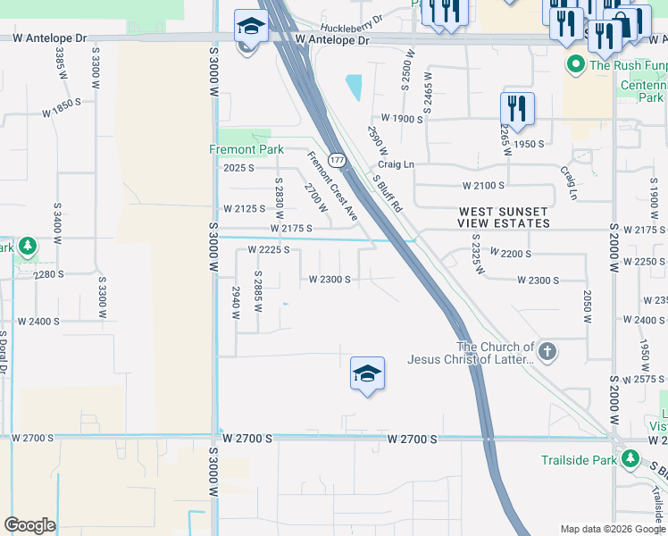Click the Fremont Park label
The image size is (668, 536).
coord(246,149)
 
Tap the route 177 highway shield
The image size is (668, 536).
coord(337,160)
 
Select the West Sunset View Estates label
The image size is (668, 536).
coord(505,217)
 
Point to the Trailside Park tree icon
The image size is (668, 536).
coord(630,459)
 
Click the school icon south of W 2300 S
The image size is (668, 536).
coord(367,374)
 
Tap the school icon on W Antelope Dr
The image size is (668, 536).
coord(251,28)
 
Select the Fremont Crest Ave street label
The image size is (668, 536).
coord(332,186)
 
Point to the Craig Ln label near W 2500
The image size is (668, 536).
coord(396,164)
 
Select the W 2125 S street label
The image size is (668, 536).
coord(244,208)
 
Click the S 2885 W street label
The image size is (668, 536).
coord(258,291)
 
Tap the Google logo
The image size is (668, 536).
coord(29,525)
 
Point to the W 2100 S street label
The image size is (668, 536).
coord(483,185)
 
